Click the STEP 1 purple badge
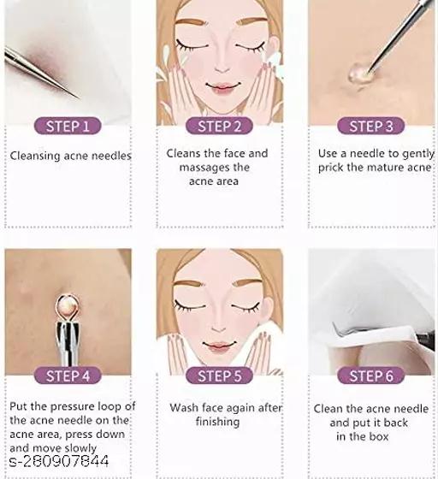68,126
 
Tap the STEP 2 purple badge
219,126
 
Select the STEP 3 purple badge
370,126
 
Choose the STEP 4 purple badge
68,376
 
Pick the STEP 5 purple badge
219,376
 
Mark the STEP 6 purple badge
370,376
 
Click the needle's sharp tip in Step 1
80,98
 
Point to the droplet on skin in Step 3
358,74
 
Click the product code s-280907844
59,461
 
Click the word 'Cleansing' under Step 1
35,156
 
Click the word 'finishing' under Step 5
217,422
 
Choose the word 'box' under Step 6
379,436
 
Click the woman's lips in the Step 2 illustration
222,86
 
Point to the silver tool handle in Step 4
68,344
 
